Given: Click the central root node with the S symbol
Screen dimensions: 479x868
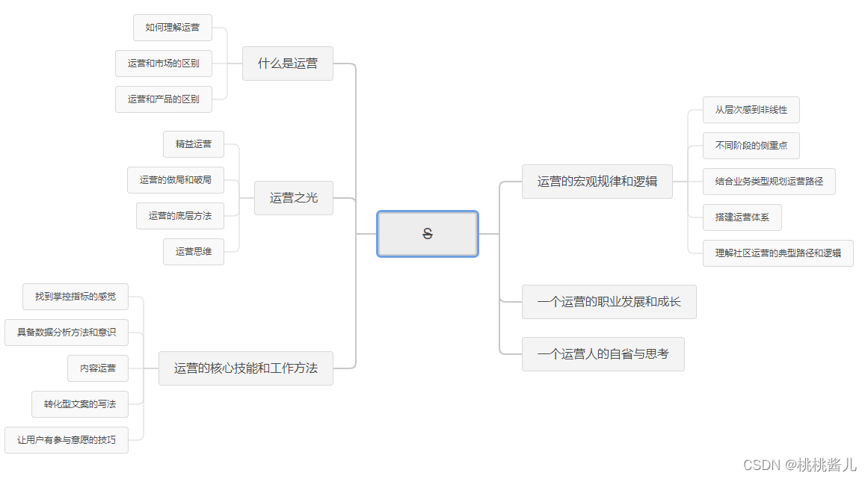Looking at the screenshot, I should click(x=427, y=234).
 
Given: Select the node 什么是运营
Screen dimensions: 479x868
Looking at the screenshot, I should click(x=287, y=64).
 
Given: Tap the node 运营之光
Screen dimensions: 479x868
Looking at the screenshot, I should click(x=293, y=198).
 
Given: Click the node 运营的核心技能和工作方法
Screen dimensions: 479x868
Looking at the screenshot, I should click(x=245, y=368).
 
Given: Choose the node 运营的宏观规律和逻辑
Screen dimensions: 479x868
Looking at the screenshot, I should click(x=597, y=182).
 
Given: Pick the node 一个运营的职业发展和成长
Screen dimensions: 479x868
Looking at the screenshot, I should click(x=609, y=302).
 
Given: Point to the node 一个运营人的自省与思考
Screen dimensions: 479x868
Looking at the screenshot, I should click(x=603, y=354).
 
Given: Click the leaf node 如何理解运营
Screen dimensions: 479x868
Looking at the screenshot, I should click(x=173, y=28).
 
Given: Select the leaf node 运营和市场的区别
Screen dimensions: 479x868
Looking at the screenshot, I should click(x=163, y=64).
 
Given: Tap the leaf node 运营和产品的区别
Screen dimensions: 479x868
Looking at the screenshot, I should click(x=163, y=99).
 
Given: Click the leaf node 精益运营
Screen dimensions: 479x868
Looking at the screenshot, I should click(x=194, y=144).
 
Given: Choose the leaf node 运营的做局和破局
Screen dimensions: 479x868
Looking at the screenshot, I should click(x=175, y=180).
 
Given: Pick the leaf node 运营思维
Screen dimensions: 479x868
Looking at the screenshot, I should click(x=194, y=252).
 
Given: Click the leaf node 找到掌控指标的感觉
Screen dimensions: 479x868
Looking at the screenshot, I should click(x=76, y=297).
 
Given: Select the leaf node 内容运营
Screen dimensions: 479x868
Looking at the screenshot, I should click(x=98, y=368).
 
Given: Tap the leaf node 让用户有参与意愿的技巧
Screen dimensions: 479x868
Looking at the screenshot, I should click(x=67, y=440).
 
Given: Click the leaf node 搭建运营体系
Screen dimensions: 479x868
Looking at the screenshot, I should click(x=742, y=217).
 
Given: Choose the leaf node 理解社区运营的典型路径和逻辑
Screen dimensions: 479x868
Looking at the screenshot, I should click(x=778, y=253).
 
